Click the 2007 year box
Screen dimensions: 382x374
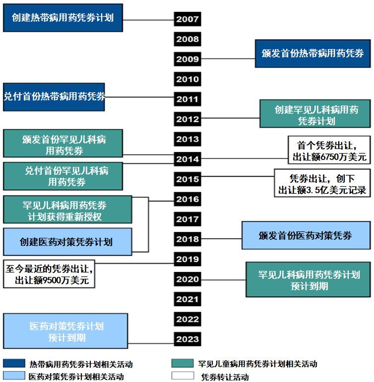coord(187,19)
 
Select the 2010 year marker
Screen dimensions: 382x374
coord(187,79)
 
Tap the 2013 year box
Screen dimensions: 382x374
coord(187,139)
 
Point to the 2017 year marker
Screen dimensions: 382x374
coord(187,219)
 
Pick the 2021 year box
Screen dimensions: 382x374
coord(187,299)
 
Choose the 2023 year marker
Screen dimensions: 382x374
coord(187,339)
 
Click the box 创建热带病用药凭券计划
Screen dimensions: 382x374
coord(62,18)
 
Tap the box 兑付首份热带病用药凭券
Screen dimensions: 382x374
coord(54,97)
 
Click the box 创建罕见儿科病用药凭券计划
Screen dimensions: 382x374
coord(316,114)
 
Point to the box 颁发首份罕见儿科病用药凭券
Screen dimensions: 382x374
coord(62,144)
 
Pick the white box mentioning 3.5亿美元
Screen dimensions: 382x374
coord(323,183)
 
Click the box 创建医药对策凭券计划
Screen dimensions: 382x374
coord(67,242)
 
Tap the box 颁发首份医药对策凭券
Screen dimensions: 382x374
coord(305,235)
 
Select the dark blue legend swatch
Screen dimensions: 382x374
coord(13,364)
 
